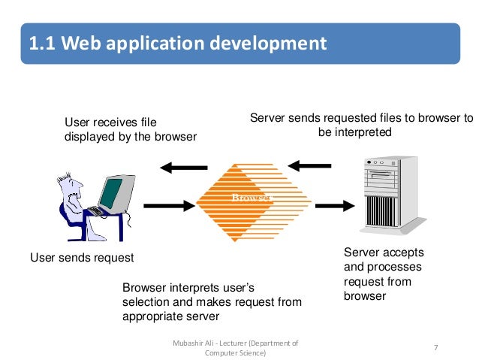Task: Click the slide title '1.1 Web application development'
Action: pos(177,43)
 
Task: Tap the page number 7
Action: pos(436,348)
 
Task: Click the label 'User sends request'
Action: pos(82,258)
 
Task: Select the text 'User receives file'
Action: pos(110,123)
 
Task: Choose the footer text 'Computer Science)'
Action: pos(235,353)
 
